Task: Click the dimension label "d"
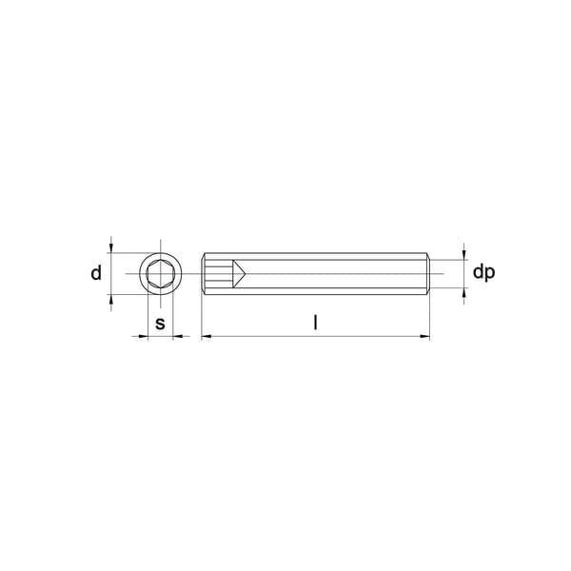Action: point(96,273)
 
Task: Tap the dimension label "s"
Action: point(160,324)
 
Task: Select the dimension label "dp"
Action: point(483,272)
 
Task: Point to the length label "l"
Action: point(316,323)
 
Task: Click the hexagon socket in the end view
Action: point(160,273)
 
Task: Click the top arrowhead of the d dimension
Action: point(111,248)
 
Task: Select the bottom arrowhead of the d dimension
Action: point(111,299)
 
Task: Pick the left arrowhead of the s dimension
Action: point(144,337)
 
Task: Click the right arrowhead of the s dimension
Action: point(177,337)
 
